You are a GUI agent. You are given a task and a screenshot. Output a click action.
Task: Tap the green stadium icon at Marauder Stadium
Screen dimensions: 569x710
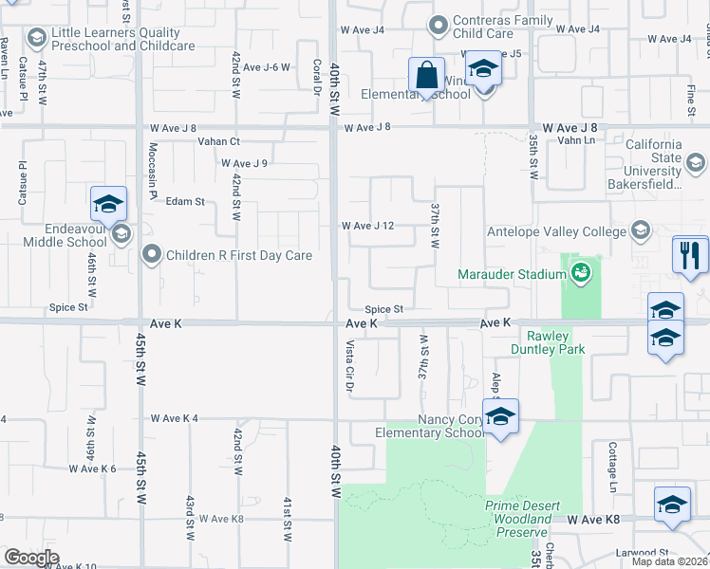point(581,274)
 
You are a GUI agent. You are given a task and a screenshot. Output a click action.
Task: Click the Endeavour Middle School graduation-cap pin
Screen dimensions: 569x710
point(109,205)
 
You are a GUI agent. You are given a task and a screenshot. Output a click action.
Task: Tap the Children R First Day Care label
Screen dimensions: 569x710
point(239,255)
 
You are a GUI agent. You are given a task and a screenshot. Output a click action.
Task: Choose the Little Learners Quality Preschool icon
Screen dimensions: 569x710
point(37,38)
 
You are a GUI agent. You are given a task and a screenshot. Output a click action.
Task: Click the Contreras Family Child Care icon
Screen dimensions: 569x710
point(438,25)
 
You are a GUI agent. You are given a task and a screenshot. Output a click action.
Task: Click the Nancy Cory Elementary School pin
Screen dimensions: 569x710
point(500,416)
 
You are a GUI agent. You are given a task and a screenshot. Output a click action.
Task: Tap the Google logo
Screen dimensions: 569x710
point(31,558)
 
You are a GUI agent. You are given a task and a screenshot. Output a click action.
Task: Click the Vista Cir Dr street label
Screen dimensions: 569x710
point(349,366)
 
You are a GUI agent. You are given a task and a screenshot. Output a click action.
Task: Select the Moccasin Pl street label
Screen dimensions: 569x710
point(152,171)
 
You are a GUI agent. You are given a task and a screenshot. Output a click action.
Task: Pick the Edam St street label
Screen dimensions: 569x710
point(185,201)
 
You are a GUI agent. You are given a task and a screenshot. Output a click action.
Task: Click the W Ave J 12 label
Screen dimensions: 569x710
point(367,226)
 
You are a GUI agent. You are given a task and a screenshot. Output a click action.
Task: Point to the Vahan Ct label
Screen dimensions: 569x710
point(220,141)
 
